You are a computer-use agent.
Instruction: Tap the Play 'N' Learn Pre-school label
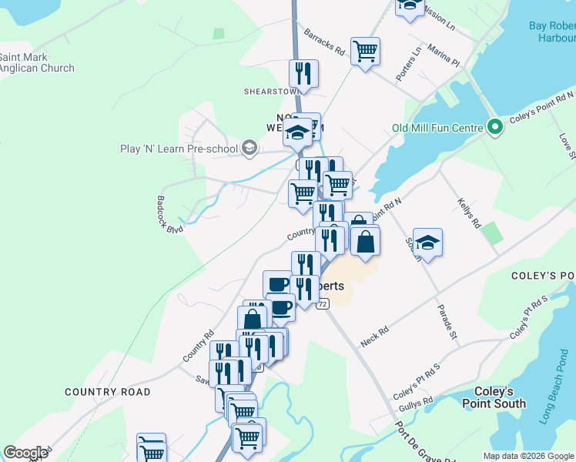pos(179,149)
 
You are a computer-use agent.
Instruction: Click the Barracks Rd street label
pos(323,42)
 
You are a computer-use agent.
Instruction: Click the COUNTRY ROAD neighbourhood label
pos(108,392)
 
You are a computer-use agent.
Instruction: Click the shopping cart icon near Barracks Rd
pos(365,52)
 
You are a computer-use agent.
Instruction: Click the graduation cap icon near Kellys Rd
pos(427,242)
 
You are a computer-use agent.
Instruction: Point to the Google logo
pos(25,453)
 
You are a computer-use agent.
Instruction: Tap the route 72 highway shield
pos(322,304)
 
